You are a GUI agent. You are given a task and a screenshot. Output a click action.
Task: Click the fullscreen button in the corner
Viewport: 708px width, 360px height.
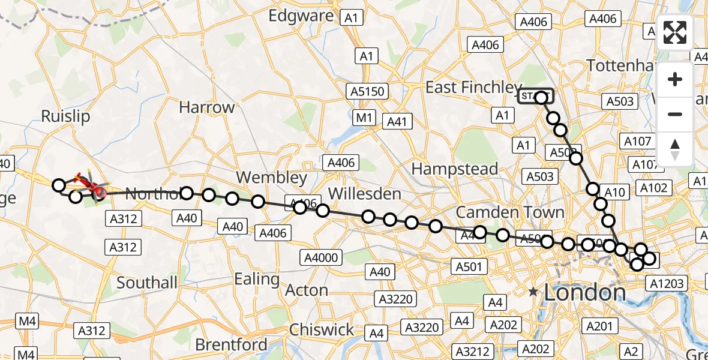pyautogui.click(x=675, y=32)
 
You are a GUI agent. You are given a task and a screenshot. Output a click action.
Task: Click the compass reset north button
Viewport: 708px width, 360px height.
pyautogui.click(x=675, y=149)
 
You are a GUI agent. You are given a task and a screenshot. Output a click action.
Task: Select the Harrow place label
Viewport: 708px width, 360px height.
pyautogui.click(x=207, y=108)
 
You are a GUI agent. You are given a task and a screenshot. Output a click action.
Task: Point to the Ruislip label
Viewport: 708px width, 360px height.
pyautogui.click(x=65, y=116)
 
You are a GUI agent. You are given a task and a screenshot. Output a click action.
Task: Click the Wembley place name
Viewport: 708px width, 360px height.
pyautogui.click(x=271, y=178)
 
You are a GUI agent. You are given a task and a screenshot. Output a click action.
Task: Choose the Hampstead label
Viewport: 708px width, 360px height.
pyautogui.click(x=455, y=169)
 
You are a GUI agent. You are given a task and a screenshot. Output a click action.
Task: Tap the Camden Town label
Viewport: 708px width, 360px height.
pyautogui.click(x=510, y=212)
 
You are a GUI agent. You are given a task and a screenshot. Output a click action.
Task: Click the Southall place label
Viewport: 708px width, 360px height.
pyautogui.click(x=147, y=282)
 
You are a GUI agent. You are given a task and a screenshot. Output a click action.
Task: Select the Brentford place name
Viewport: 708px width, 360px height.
pyautogui.click(x=232, y=344)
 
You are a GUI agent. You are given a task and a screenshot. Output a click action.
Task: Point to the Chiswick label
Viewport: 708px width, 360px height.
pyautogui.click(x=322, y=329)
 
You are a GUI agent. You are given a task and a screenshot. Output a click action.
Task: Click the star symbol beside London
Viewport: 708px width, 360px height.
pyautogui.click(x=533, y=292)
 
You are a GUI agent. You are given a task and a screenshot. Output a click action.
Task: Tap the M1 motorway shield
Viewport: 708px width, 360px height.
pyautogui.click(x=364, y=118)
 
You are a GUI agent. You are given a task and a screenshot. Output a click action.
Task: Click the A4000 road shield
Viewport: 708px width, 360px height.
pyautogui.click(x=322, y=258)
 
